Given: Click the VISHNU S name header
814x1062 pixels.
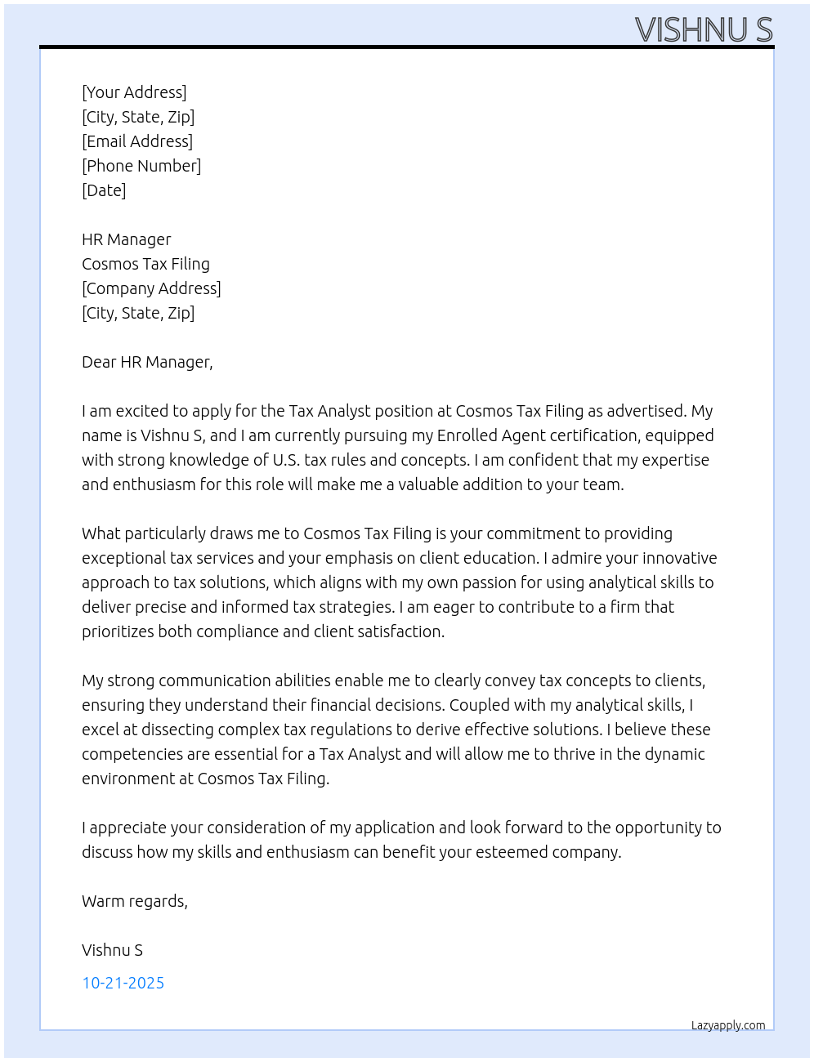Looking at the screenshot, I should tap(703, 29).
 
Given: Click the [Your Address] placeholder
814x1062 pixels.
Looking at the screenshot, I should tap(134, 92).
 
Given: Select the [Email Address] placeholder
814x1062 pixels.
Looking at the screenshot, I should tap(137, 141).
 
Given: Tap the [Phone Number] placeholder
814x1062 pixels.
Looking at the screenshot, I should tap(141, 166).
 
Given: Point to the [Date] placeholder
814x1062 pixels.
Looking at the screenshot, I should tap(104, 190).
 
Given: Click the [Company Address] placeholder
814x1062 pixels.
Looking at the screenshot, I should tap(151, 288).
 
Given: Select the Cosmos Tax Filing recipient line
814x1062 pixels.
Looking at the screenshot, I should tap(145, 264).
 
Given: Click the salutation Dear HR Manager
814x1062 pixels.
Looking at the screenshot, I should tap(147, 362).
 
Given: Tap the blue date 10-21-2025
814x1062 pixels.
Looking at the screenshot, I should tap(123, 983).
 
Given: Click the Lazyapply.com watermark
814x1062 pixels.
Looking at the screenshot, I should tap(728, 1025).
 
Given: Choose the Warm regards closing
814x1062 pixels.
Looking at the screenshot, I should tap(135, 901).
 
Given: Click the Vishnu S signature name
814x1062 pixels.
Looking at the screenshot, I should tap(112, 950).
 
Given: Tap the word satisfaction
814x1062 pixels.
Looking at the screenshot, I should tap(401, 631).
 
